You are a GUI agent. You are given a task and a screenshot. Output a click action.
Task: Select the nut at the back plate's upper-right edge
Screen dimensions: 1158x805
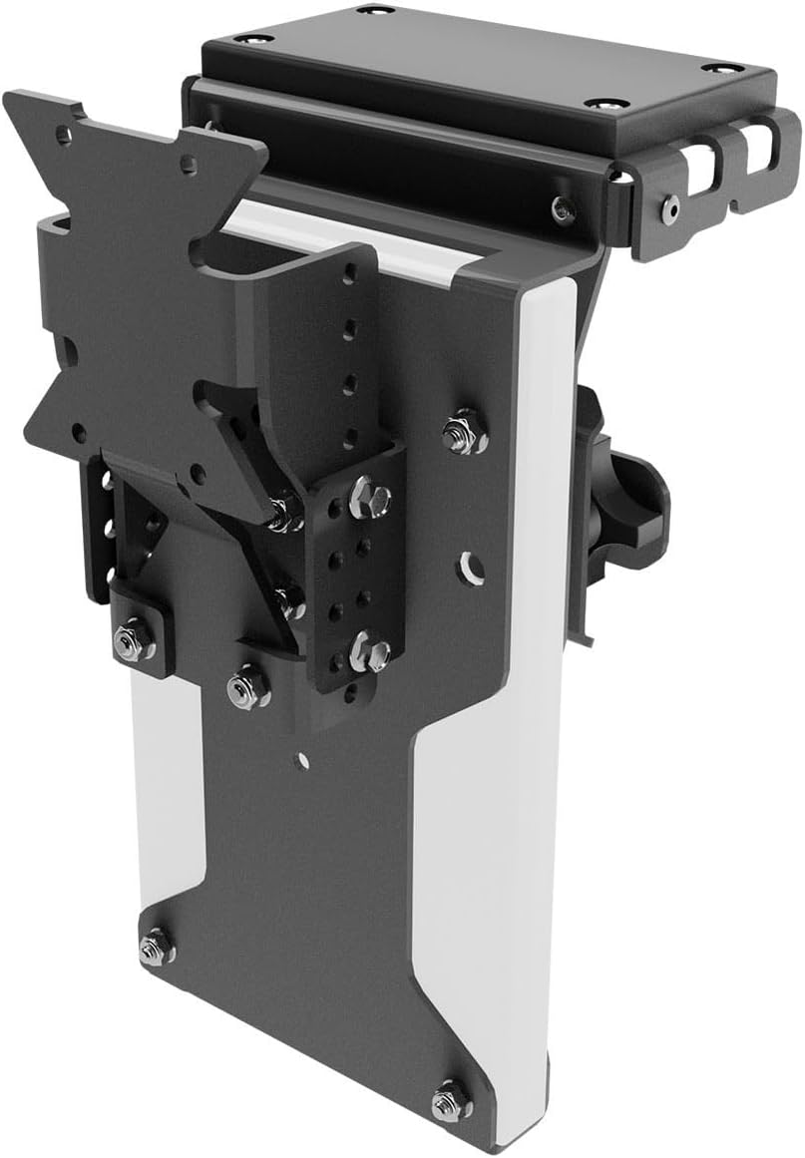[463, 431]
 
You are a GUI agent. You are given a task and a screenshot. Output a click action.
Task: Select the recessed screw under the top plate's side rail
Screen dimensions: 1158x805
[564, 209]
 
